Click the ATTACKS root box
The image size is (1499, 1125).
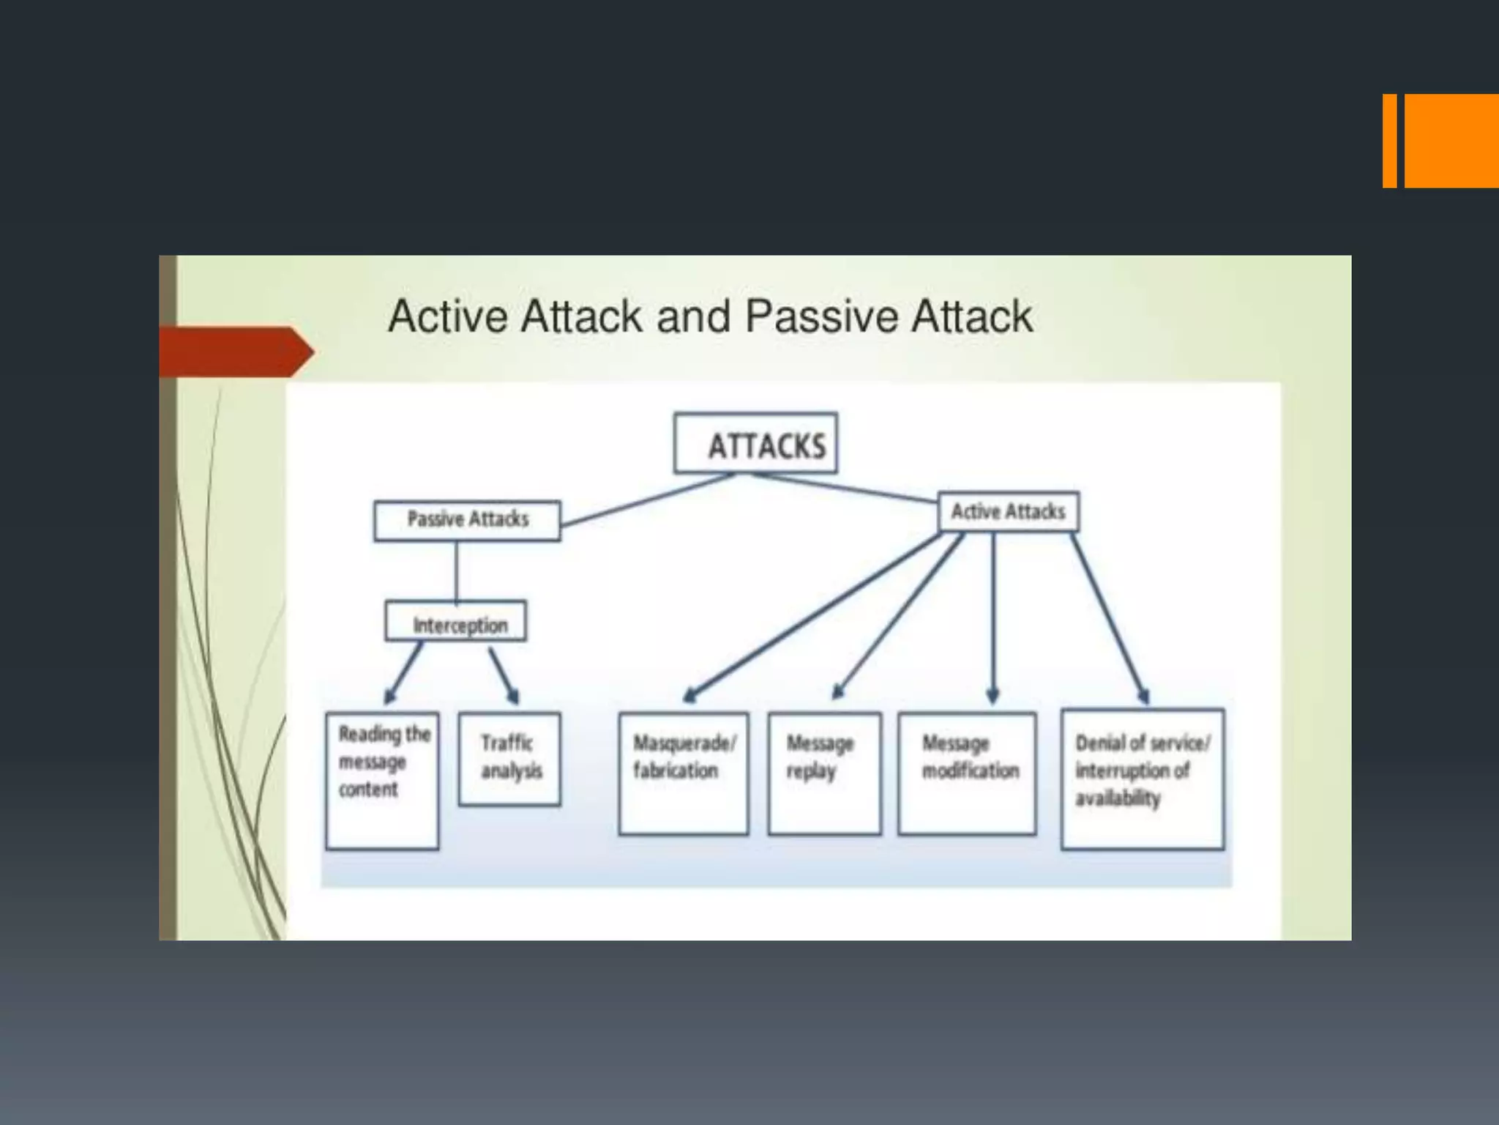[x=755, y=443]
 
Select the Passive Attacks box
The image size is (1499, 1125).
[x=467, y=521]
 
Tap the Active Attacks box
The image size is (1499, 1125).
[x=1008, y=511]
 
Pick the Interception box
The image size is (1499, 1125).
[x=455, y=622]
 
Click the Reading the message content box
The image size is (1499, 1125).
[x=382, y=781]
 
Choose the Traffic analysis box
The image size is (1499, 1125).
[x=509, y=759]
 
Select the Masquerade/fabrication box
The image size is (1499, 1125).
[x=683, y=773]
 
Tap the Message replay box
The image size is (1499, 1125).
[x=824, y=773]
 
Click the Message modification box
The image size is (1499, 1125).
[x=967, y=773]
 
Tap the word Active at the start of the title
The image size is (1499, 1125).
[x=448, y=316]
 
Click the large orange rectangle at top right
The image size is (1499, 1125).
[x=1451, y=141]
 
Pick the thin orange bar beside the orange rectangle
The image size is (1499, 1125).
[x=1389, y=141]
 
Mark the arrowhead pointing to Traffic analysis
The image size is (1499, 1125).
[x=514, y=696]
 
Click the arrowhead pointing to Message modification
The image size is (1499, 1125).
[x=993, y=696]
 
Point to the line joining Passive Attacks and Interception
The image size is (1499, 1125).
[x=457, y=571]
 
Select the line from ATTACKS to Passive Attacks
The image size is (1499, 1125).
[x=648, y=500]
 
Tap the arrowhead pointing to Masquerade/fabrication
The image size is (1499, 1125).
[x=689, y=695]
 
